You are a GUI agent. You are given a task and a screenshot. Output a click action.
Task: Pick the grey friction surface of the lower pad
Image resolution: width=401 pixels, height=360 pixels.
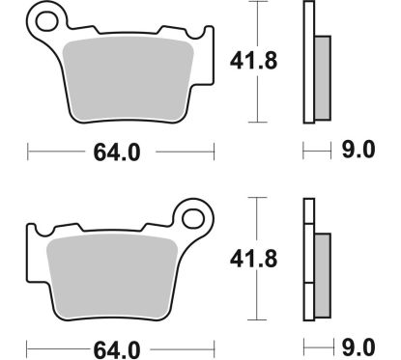coord(119,276)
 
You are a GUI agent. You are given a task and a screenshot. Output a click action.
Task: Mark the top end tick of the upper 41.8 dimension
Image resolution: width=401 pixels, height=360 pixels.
coord(257,3)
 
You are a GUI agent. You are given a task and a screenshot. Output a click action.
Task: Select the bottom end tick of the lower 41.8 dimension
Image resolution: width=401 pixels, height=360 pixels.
coord(257,319)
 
